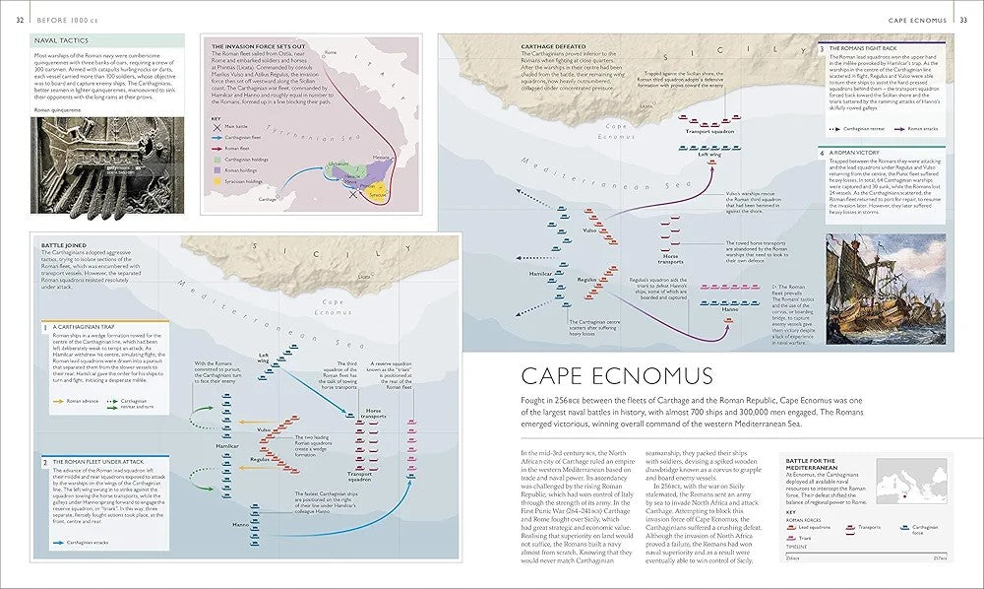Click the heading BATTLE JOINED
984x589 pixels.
click(66, 241)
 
